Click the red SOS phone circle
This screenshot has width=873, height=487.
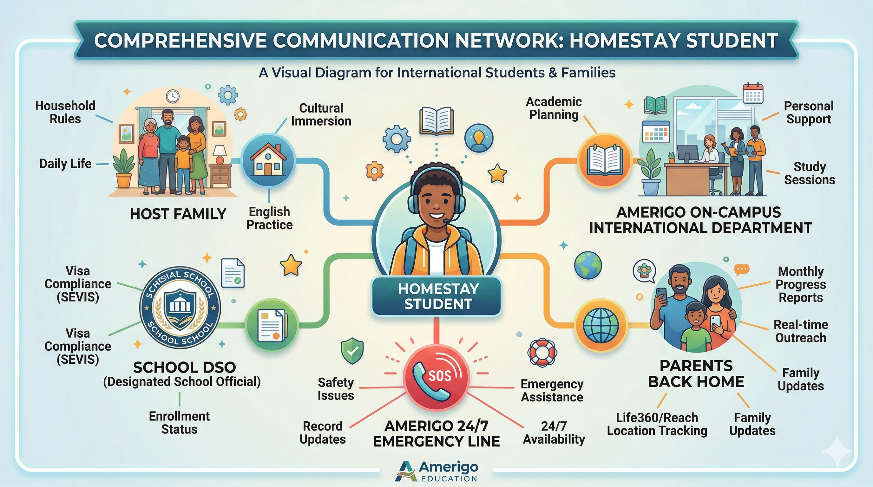coord(436,377)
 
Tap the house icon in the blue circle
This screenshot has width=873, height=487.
coord(268,160)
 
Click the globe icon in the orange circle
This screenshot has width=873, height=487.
coord(601,325)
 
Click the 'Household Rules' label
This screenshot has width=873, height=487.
coord(65,113)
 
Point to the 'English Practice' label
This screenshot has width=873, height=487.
coord(269,218)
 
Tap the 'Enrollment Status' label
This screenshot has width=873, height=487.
coord(179,422)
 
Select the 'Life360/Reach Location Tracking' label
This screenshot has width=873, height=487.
coord(657,424)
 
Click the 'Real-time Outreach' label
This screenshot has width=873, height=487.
coord(800,331)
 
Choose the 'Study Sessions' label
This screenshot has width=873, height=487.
coord(809,173)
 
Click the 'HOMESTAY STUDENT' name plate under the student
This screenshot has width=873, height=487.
coord(436,296)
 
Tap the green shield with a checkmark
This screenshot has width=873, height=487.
coord(352,351)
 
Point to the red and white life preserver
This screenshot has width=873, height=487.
coord(542,352)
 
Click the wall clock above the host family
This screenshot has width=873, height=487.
coord(173,96)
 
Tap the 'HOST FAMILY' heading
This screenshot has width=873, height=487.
coord(178,214)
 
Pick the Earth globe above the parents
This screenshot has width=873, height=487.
coord(588,265)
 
